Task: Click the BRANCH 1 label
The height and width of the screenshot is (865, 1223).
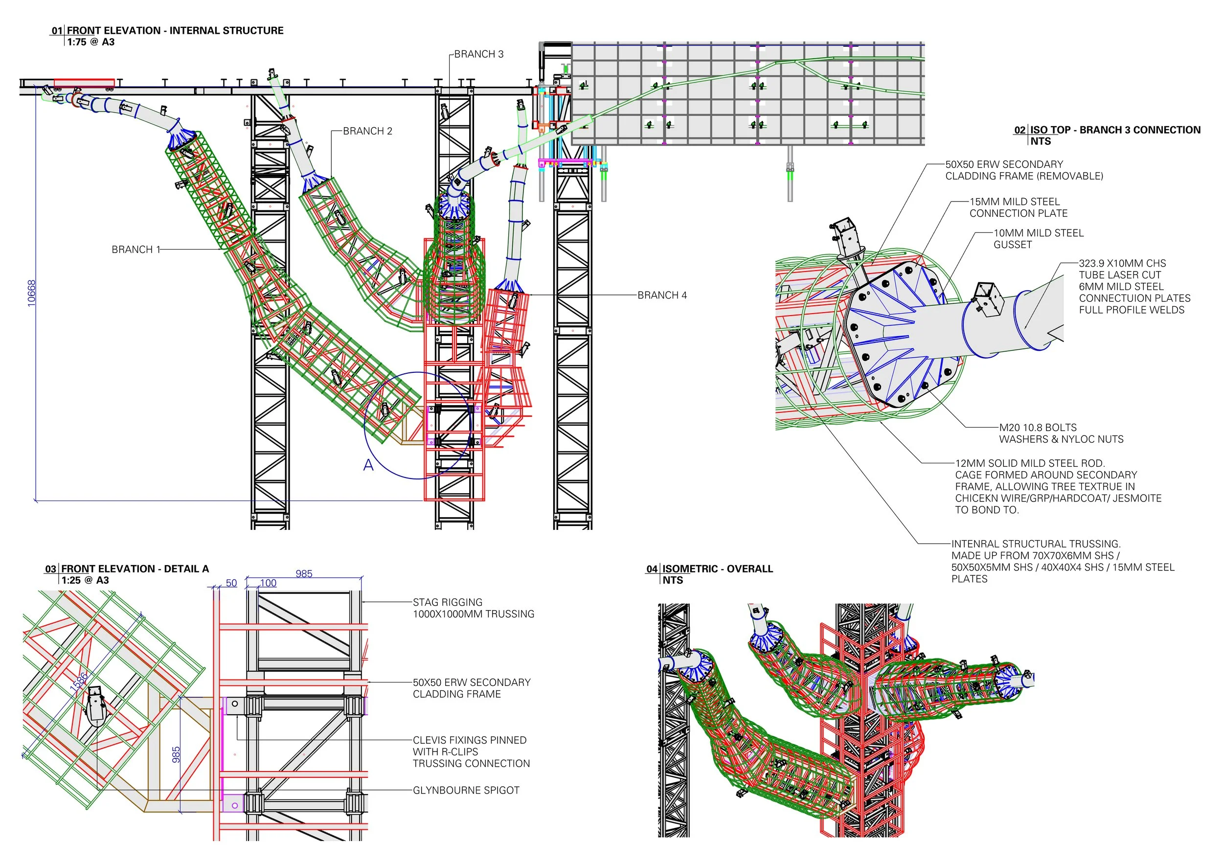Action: tap(136, 249)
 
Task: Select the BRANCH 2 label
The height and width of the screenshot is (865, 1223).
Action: tap(367, 131)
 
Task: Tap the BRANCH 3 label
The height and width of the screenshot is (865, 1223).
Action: tap(478, 54)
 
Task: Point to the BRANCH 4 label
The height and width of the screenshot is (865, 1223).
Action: tap(661, 295)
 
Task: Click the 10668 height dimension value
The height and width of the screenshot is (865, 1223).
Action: tap(31, 293)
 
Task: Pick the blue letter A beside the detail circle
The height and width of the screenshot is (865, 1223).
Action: tap(368, 465)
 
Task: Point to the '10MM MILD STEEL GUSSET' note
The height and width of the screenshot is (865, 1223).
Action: tap(1038, 239)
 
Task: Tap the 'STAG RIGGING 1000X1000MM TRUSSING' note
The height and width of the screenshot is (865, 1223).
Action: tap(473, 608)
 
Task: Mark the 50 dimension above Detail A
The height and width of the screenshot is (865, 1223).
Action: tap(231, 583)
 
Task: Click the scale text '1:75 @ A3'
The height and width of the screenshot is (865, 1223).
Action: tap(91, 42)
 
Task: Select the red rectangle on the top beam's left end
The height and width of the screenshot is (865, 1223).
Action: tap(84, 83)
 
